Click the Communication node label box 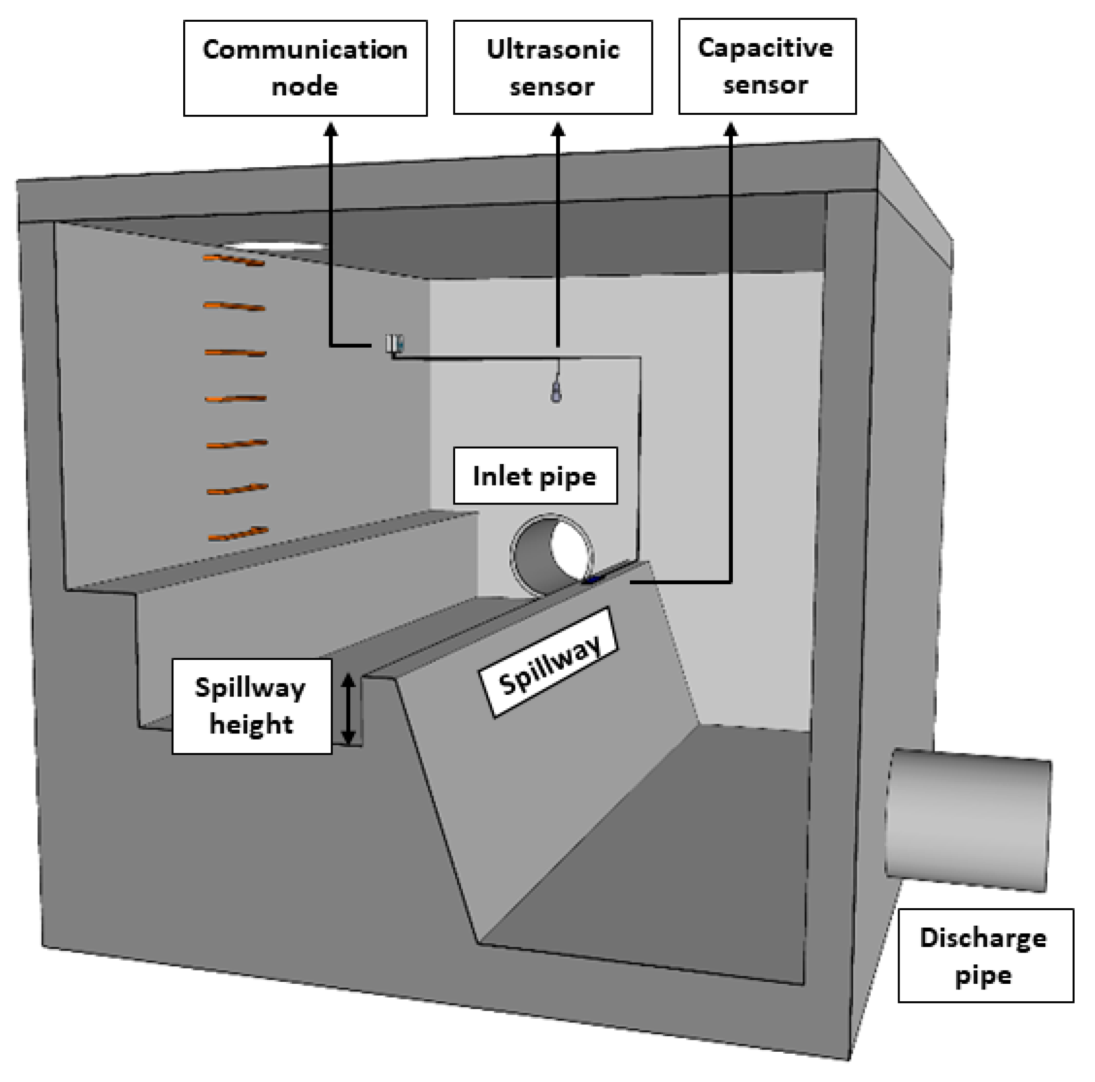(305, 68)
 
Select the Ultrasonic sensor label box (552, 68)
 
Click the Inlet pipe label (535, 476)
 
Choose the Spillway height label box (252, 706)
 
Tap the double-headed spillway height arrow (348, 708)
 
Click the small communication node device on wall (394, 343)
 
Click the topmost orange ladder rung (234, 260)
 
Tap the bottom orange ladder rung (238, 533)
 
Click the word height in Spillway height (252, 724)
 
